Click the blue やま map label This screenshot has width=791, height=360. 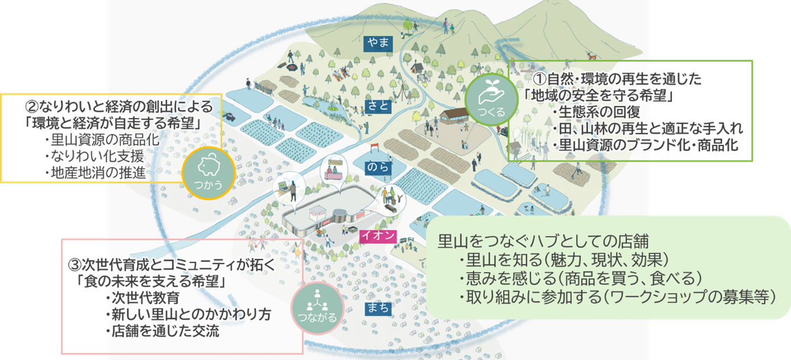379,42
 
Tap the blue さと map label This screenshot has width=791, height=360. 379,107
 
